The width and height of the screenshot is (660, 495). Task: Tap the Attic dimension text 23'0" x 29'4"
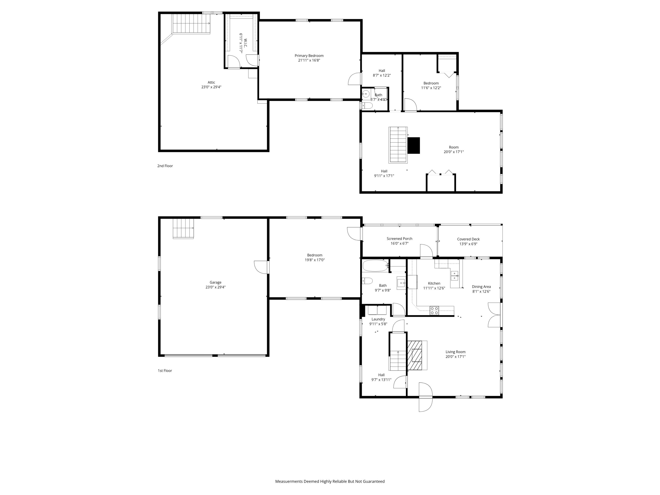pyautogui.click(x=211, y=87)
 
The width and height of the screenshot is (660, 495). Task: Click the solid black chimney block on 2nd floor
pyautogui.click(x=414, y=145)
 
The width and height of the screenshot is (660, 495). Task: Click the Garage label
pyautogui.click(x=215, y=282)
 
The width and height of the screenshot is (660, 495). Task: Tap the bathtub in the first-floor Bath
pyautogui.click(x=375, y=265)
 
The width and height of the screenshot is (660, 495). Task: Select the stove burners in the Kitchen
pyautogui.click(x=434, y=311)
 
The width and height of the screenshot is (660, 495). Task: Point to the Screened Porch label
pyautogui.click(x=399, y=239)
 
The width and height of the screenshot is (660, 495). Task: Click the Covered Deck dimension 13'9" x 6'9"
pyautogui.click(x=468, y=244)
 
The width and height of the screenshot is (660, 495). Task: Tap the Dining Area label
pyautogui.click(x=481, y=287)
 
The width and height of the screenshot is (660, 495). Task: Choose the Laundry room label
pyautogui.click(x=378, y=319)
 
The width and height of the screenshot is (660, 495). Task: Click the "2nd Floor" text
pyautogui.click(x=165, y=166)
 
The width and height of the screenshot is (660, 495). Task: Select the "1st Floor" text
pyautogui.click(x=165, y=370)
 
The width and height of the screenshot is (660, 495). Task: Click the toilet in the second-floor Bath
pyautogui.click(x=367, y=106)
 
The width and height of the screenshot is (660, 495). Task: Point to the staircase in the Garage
pyautogui.click(x=183, y=228)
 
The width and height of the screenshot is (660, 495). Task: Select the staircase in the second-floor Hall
pyautogui.click(x=398, y=145)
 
